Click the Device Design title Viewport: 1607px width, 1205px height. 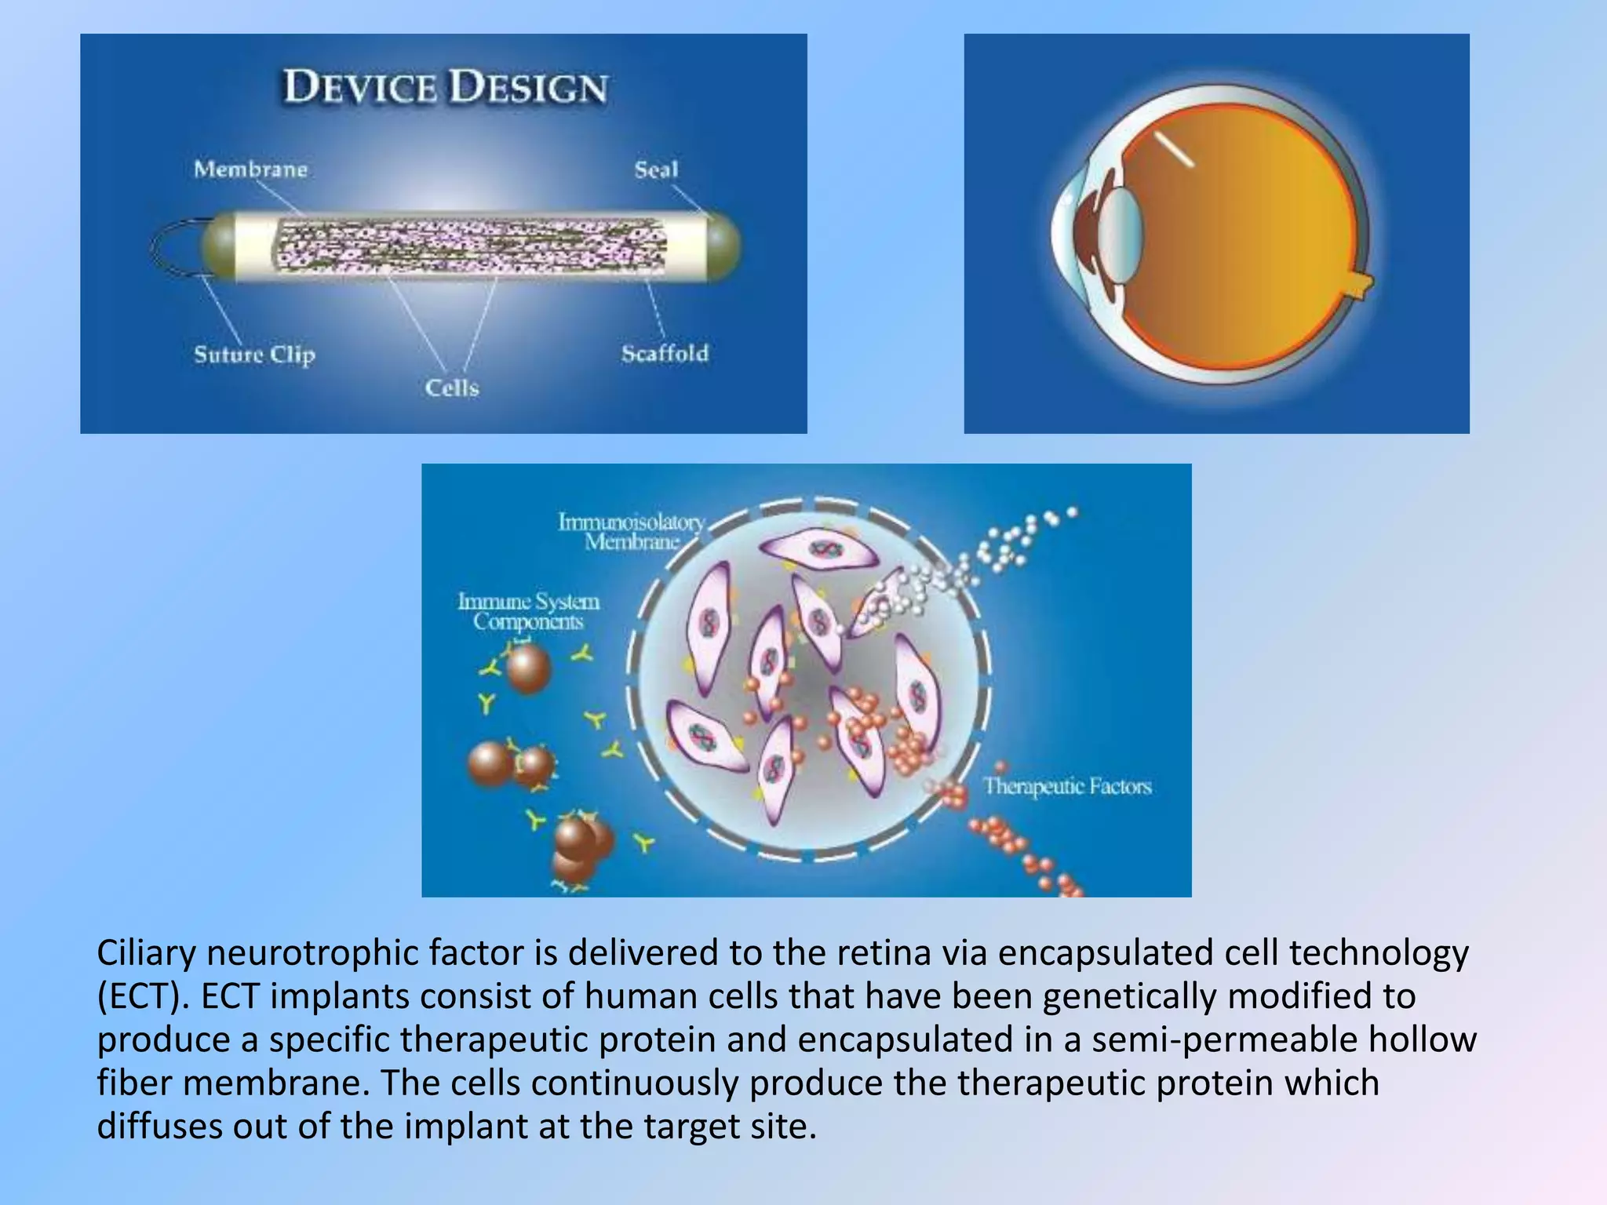445,87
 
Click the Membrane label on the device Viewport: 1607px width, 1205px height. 250,169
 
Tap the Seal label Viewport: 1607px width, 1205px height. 656,169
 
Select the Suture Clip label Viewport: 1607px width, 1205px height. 254,355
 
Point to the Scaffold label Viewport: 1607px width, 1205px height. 665,354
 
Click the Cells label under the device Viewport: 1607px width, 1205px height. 452,388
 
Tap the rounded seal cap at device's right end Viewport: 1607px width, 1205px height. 723,246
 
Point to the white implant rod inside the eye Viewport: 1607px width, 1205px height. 1173,149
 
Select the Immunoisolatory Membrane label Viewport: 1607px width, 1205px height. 632,531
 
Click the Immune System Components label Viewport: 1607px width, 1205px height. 528,611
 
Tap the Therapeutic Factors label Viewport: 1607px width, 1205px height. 1067,786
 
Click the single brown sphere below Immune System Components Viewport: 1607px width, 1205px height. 527,668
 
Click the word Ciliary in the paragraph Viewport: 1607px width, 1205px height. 146,953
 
